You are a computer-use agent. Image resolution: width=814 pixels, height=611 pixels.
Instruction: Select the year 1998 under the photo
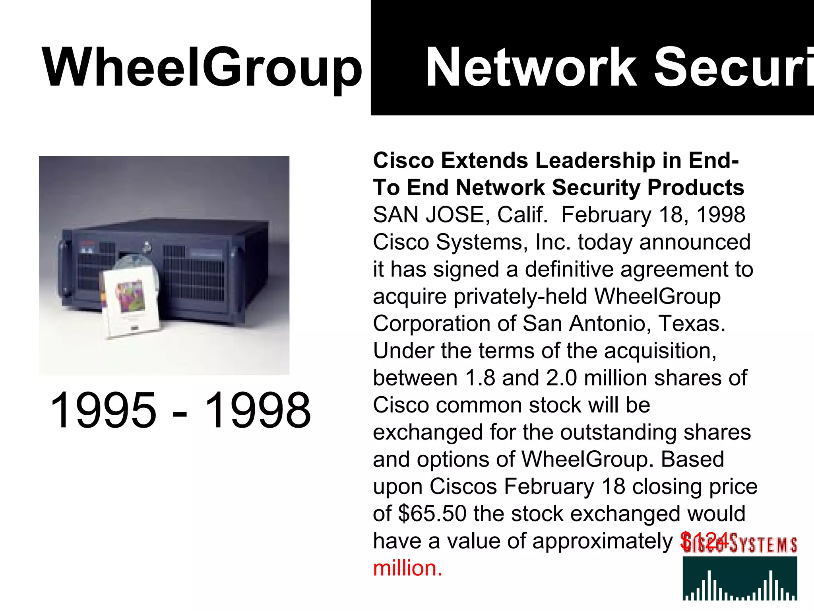(x=258, y=410)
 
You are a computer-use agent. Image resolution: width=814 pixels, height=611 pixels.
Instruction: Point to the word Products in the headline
(x=696, y=188)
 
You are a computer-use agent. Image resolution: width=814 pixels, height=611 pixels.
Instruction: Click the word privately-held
(x=521, y=297)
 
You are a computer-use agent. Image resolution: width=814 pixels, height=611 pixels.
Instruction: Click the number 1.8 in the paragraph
(x=480, y=378)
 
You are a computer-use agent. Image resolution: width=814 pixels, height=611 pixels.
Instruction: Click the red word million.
(x=407, y=568)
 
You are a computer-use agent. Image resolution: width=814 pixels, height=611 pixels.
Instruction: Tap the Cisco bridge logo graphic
(x=740, y=578)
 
